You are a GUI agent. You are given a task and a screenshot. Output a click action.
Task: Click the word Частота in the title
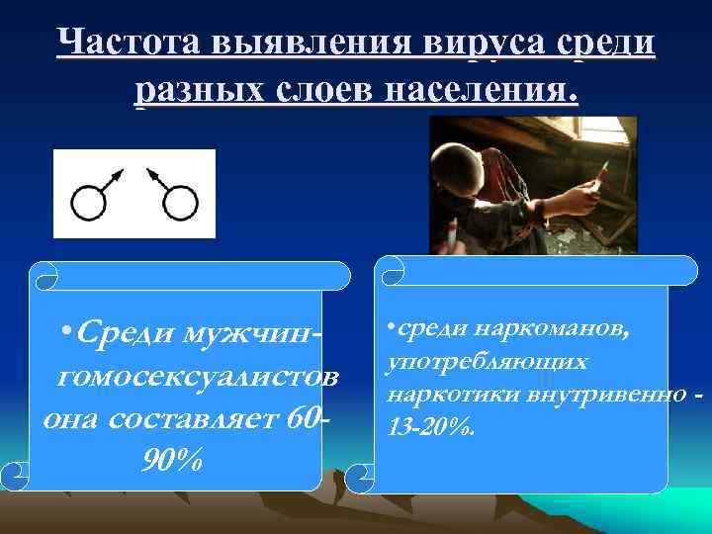tap(130, 43)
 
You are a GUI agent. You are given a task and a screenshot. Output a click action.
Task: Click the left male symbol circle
tap(88, 204)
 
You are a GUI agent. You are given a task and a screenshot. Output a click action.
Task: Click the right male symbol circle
tap(181, 204)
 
